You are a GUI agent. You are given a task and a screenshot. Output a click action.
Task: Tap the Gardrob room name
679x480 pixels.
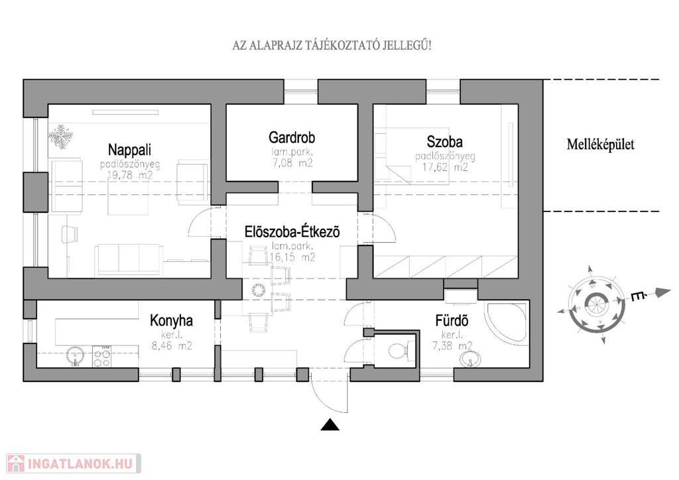(292, 138)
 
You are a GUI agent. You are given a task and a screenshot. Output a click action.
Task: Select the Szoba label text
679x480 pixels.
(444, 141)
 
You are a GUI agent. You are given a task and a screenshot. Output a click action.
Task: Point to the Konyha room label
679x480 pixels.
(171, 321)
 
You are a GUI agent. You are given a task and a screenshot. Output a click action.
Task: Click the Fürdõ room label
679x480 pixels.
(452, 322)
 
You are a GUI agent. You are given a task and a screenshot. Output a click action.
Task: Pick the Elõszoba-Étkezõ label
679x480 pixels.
(292, 233)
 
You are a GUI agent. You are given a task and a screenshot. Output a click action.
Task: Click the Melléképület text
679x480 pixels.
(600, 144)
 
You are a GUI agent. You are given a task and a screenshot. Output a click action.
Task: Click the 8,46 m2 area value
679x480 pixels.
(171, 345)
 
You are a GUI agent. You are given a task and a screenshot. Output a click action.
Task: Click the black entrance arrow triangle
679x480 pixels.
(330, 425)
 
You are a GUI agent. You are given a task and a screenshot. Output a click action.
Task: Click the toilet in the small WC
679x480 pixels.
(399, 350)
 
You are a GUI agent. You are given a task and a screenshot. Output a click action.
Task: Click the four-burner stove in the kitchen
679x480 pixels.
(102, 357)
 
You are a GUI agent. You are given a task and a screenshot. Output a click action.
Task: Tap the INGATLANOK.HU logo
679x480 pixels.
(72, 462)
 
